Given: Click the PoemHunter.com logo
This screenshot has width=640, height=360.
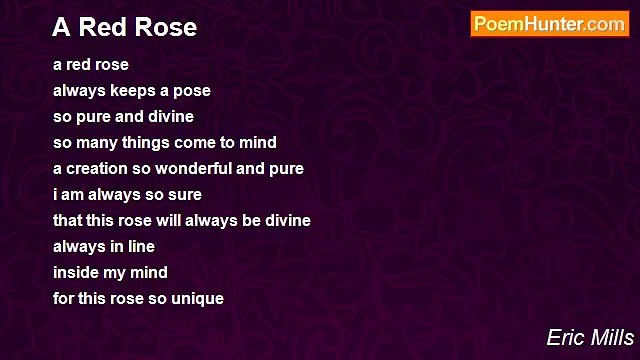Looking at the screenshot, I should click(x=549, y=25).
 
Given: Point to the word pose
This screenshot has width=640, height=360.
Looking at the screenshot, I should click(x=191, y=91).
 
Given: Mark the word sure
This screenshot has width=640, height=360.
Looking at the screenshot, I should click(x=183, y=195).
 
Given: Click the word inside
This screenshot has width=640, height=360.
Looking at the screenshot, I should click(x=75, y=273).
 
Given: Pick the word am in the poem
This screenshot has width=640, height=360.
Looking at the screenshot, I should click(x=75, y=195).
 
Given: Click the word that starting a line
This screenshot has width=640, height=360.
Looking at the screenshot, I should click(x=68, y=221).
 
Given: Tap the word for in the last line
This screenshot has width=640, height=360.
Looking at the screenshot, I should click(x=64, y=299).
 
